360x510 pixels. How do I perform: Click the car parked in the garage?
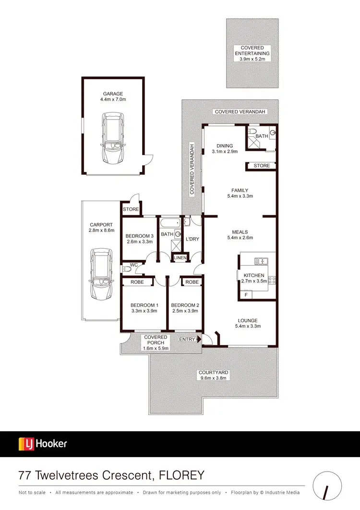click(112, 138)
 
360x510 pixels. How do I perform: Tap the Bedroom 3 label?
click(139, 236)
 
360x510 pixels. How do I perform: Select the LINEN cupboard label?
click(180, 258)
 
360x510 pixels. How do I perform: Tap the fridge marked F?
click(246, 294)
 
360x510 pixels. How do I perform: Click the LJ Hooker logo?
click(43, 444)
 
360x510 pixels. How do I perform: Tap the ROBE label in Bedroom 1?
click(137, 282)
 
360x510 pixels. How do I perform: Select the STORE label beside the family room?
click(262, 166)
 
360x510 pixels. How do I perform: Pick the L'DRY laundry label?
click(192, 239)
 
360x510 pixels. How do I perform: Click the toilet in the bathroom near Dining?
click(254, 131)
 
